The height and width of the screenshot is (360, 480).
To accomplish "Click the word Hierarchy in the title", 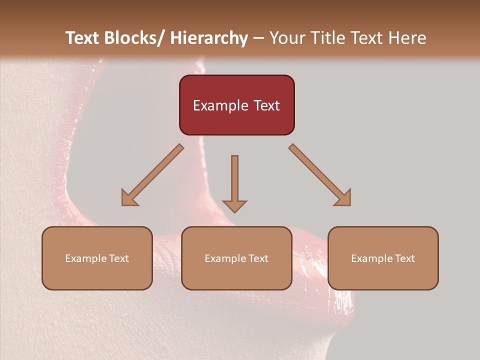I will pos(209,38).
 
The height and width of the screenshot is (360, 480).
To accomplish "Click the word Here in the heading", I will pos(407,38).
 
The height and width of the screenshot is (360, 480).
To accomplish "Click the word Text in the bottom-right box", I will pos(404,258).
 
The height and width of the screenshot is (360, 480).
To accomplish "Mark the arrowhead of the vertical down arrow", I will pos(234,205).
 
